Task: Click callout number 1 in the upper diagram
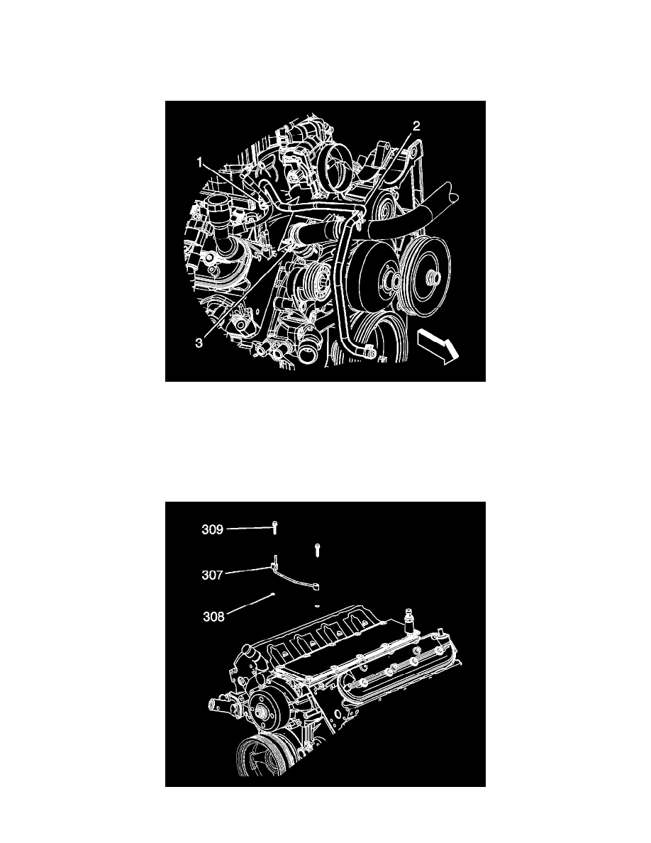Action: click(199, 162)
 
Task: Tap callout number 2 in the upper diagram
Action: click(416, 126)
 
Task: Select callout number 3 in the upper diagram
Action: click(199, 343)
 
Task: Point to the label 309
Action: click(212, 529)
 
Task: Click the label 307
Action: click(212, 575)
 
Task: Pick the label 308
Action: click(213, 616)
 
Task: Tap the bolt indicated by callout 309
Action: click(274, 528)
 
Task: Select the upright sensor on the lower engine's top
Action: click(411, 622)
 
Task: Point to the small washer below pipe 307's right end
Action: click(317, 605)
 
